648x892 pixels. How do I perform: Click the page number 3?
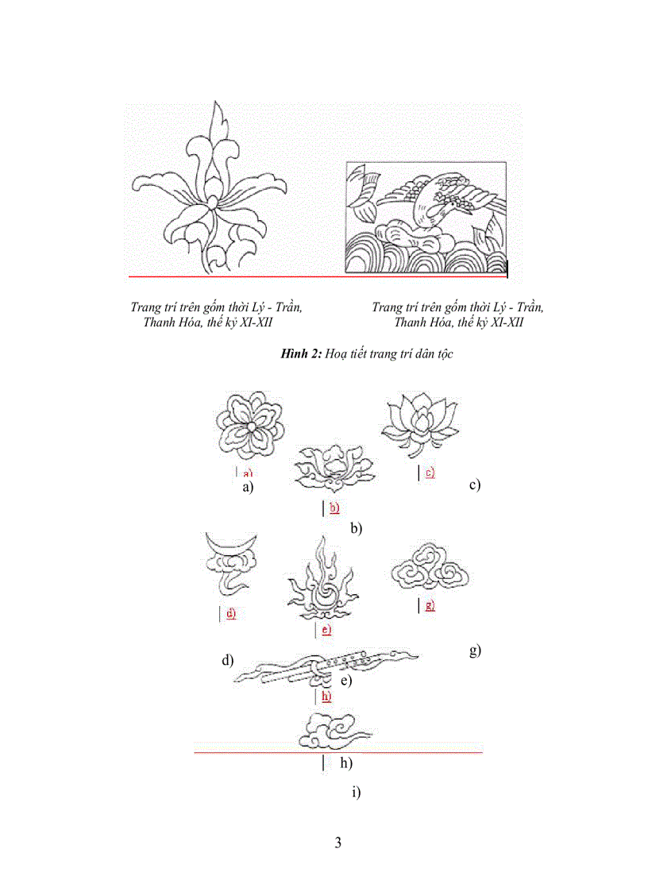pos(338,843)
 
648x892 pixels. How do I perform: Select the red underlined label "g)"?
pos(430,605)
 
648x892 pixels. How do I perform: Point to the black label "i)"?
pos(355,792)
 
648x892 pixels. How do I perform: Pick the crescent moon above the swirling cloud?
pos(231,544)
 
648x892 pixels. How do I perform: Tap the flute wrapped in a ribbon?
pos(326,668)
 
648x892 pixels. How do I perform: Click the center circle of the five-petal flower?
pos(250,427)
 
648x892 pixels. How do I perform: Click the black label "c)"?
pos(475,485)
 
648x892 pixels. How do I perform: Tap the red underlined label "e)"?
pos(325,630)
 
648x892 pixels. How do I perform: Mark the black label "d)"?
pos(228,660)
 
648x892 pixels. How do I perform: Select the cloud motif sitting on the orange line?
pos(332,731)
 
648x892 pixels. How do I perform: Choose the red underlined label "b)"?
pos(334,508)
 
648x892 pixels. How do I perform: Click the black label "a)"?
pos(248,488)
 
